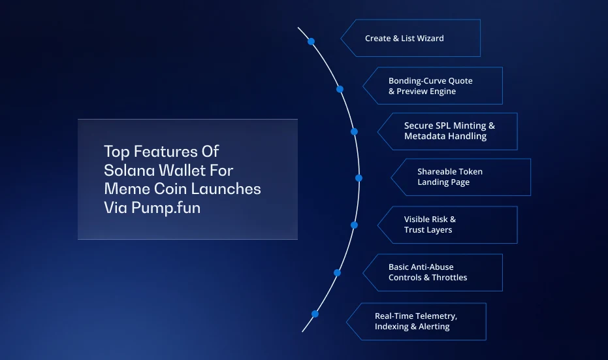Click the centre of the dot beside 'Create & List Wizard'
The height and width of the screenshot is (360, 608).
coord(311,42)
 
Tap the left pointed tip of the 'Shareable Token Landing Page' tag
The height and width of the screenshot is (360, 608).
coord(391,177)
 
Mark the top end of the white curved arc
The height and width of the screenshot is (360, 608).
coord(298,27)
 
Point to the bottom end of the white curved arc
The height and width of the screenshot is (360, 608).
coord(302,332)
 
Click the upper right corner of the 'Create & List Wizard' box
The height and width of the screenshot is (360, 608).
coord(481,20)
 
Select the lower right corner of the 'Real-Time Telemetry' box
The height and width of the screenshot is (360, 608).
coord(486,340)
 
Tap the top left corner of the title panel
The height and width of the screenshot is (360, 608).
coord(78,119)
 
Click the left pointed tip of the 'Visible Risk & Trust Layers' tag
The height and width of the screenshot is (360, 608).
coord(377,225)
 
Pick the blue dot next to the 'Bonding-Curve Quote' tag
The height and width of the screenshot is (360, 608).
coord(340,90)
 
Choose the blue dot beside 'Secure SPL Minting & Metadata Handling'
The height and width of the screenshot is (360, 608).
coord(354,131)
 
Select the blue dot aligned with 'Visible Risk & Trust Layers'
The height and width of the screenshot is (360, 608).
coord(354,225)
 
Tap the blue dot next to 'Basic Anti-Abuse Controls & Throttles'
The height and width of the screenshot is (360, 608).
coord(338,272)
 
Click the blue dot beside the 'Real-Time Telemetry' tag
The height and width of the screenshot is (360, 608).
coord(315,314)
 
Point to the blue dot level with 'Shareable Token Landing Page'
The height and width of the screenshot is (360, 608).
coord(359,178)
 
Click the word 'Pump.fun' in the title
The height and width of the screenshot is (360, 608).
coord(166,208)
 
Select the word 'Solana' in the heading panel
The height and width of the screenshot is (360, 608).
coord(129,171)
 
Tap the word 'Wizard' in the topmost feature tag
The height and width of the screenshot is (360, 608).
coord(430,38)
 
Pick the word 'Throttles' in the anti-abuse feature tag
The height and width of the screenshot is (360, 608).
coord(449,278)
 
